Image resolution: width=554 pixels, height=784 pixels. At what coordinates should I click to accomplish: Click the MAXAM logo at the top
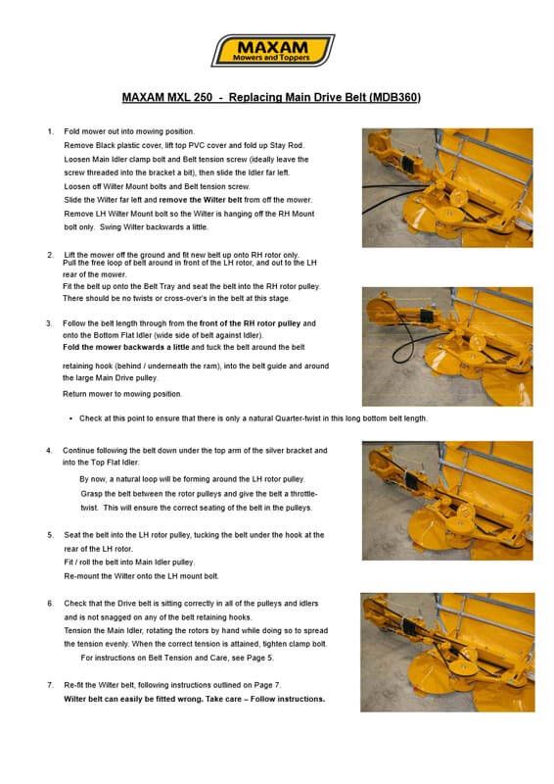(x=273, y=50)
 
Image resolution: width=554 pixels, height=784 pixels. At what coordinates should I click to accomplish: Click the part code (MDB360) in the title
(x=394, y=97)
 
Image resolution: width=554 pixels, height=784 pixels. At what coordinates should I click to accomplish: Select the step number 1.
(x=51, y=131)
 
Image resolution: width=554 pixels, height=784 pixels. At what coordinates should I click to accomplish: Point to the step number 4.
(x=49, y=451)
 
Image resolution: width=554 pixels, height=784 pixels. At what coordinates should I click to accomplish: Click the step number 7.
(x=50, y=685)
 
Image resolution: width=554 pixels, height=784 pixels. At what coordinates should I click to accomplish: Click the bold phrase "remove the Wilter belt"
(x=201, y=200)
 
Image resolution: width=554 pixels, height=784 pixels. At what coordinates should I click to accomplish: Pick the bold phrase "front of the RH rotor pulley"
(x=250, y=323)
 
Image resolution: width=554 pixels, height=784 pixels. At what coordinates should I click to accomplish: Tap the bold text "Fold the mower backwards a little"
(x=126, y=347)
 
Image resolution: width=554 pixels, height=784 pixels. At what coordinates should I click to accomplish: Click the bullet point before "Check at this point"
(x=71, y=418)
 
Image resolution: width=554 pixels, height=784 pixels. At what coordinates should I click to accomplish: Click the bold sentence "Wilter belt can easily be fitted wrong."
(x=133, y=699)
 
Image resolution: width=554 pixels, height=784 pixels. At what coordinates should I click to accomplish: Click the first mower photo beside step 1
(x=447, y=188)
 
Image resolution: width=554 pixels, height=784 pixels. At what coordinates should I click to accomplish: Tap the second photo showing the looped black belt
(x=447, y=347)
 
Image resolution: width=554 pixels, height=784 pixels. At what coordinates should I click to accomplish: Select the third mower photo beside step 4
(x=447, y=501)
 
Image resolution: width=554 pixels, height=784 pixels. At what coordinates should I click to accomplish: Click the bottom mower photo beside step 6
(x=447, y=653)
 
